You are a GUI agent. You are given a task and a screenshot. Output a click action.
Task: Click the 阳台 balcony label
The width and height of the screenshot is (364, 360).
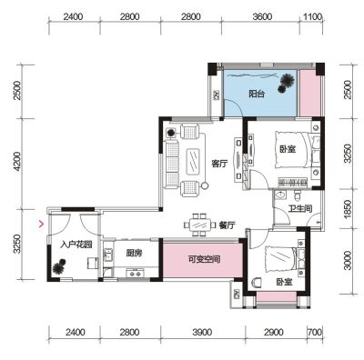(x=257, y=95)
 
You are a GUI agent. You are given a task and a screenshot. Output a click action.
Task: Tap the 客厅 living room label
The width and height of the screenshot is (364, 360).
(x=219, y=165)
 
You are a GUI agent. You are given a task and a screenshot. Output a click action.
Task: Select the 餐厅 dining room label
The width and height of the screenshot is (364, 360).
(x=227, y=225)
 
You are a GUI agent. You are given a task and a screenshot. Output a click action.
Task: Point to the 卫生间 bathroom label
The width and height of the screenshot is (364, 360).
(x=299, y=208)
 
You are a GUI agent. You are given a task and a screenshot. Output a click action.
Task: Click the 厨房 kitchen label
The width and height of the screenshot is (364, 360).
(x=134, y=253)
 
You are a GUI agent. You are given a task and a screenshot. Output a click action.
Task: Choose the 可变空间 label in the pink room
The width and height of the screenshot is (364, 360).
(x=204, y=259)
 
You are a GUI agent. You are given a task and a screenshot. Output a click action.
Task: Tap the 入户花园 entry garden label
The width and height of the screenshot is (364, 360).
(x=76, y=245)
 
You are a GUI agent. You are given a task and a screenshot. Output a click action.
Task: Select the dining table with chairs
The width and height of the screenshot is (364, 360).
(x=200, y=225)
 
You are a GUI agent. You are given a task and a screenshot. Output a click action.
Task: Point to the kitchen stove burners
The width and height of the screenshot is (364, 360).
(x=135, y=273)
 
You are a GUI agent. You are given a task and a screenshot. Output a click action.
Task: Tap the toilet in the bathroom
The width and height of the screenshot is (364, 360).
(x=298, y=195)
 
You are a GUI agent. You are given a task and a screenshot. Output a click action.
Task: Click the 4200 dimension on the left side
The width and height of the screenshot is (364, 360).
(x=17, y=161)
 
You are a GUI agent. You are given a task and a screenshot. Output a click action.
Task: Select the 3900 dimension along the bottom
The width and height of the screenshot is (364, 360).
(x=202, y=333)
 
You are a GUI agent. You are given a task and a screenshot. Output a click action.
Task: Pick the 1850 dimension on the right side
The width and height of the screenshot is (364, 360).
(x=348, y=208)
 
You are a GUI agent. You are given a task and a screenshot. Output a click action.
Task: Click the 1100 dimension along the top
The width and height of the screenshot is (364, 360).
(x=312, y=16)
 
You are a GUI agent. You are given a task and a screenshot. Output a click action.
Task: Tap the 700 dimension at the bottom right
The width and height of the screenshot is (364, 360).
(x=315, y=333)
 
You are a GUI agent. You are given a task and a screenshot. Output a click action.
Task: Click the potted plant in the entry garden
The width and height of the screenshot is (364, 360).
(x=59, y=266)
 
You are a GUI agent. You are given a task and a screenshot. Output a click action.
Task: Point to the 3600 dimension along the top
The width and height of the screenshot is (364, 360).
(x=262, y=16)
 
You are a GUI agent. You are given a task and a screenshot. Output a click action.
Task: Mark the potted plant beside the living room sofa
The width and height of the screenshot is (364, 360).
(x=171, y=133)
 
